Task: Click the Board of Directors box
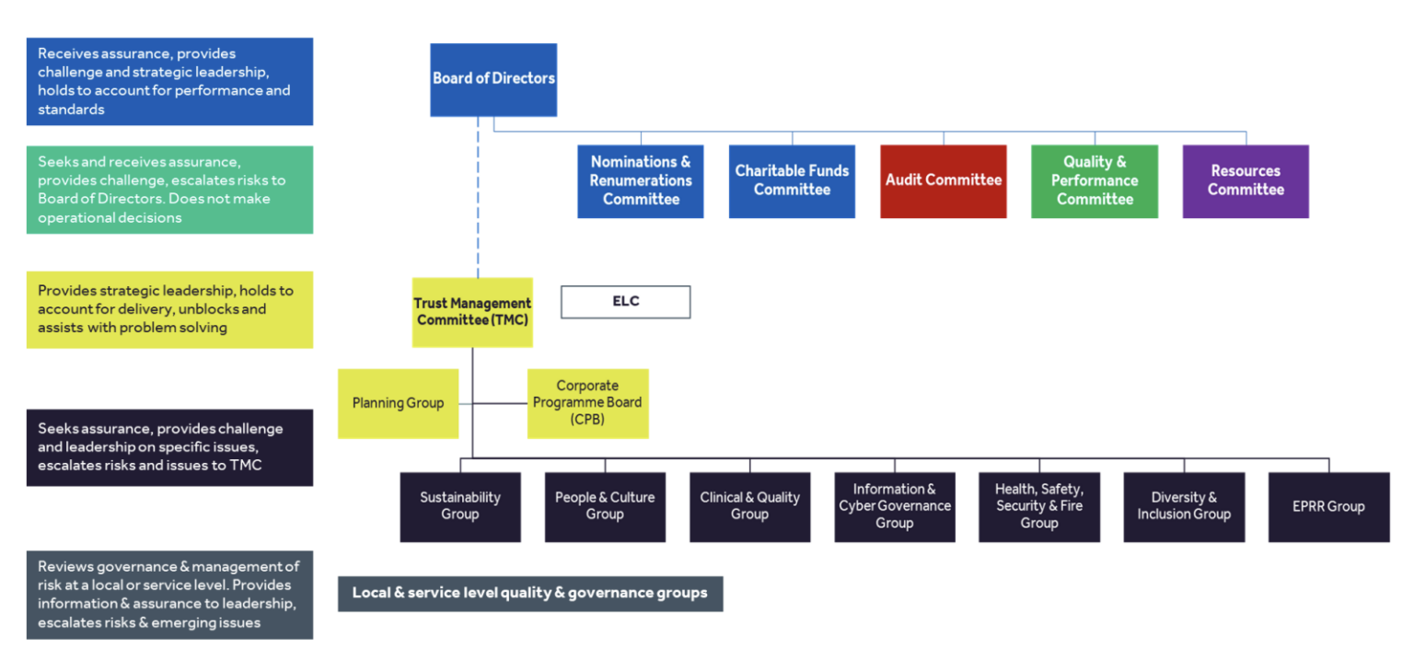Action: pos(493,79)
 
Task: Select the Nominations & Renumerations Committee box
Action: pos(641,181)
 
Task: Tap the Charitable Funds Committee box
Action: pos(792,181)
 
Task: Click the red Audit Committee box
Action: pos(943,181)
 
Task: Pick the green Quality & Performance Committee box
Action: pos(1094,181)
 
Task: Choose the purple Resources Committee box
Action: pos(1245,181)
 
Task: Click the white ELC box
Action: pos(625,302)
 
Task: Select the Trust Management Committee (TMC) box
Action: pos(472,312)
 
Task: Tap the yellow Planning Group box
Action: pos(398,403)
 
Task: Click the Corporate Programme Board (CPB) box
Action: pos(587,403)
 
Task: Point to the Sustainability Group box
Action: pos(459,506)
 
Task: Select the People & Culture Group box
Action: pos(605,506)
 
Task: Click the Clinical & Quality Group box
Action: pos(749,506)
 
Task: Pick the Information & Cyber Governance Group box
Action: pos(894,506)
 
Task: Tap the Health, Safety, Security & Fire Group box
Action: pos(1038,506)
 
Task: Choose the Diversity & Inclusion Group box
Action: pos(1183,506)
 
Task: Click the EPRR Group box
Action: pos(1327,506)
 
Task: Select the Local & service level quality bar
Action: pos(530,593)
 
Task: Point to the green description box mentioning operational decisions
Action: pos(169,190)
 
